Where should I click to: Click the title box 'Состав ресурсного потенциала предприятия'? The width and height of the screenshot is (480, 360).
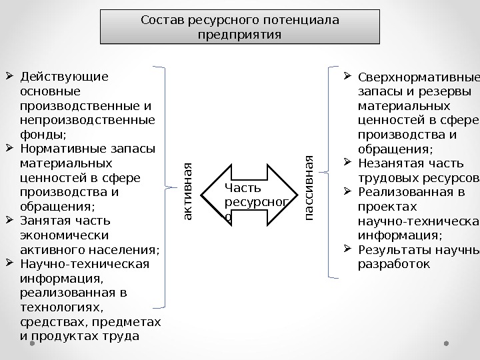coord(239,27)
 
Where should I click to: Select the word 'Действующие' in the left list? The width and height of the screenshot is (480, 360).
coord(63,76)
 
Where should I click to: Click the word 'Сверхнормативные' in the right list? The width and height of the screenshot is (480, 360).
coord(419,76)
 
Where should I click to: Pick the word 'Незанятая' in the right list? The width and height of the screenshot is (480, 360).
coord(390,163)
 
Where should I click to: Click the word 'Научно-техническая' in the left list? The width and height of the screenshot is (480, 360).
coord(85,263)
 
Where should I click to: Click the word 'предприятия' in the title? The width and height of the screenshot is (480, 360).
coord(239,34)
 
